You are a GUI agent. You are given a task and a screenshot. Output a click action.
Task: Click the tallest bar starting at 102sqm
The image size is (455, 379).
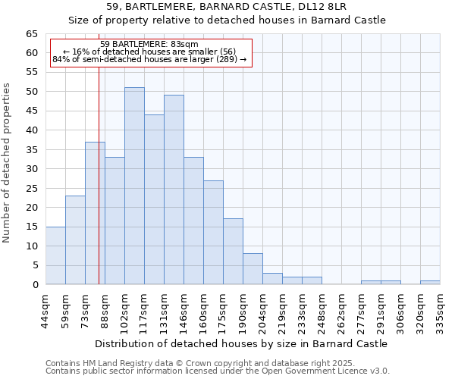point(134,186)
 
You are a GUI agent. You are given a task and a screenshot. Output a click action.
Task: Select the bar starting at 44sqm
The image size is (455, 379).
point(55,255)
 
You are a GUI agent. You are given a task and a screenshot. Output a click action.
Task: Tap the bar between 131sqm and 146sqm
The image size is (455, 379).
point(174,189)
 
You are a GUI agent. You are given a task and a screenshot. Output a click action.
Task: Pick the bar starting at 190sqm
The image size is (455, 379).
point(253,269)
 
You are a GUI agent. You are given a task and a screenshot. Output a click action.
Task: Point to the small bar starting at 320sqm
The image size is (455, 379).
point(430,283)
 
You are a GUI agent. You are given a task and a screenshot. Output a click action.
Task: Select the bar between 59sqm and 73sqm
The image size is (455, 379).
point(75,240)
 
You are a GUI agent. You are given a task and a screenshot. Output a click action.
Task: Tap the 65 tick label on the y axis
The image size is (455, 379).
point(31,34)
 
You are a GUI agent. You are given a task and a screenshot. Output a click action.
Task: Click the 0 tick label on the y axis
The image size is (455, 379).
point(35,285)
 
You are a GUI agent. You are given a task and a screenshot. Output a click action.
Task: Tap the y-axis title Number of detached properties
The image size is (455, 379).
point(8,163)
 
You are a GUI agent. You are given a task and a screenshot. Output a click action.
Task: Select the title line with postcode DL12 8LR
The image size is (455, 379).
point(227,6)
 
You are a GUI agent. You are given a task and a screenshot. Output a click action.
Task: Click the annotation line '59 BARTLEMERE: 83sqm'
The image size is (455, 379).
point(149,45)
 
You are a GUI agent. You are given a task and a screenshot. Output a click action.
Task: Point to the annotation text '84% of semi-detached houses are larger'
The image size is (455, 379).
point(149,59)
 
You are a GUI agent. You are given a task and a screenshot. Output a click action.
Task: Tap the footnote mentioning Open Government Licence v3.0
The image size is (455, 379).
point(218,371)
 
